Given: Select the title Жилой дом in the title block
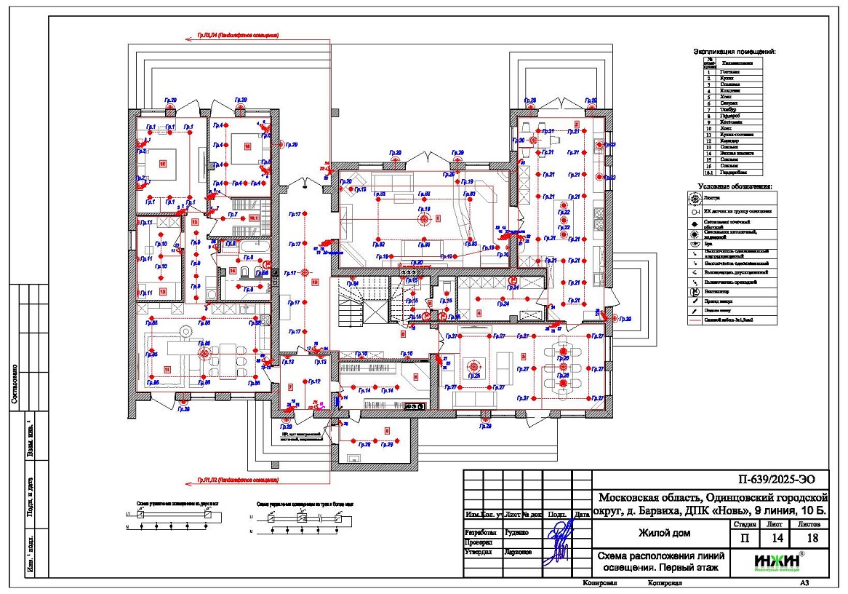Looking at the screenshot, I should point(665,533).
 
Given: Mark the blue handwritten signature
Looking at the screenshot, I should point(559,539).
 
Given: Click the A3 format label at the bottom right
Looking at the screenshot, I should point(804,583).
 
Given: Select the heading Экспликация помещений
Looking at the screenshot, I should point(734,52).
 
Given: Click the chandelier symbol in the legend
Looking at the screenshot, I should point(697,197).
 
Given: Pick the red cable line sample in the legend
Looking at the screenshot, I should point(697,320).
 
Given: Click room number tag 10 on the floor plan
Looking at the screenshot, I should point(315,281).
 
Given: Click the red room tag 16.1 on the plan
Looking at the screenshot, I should point(255,217).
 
